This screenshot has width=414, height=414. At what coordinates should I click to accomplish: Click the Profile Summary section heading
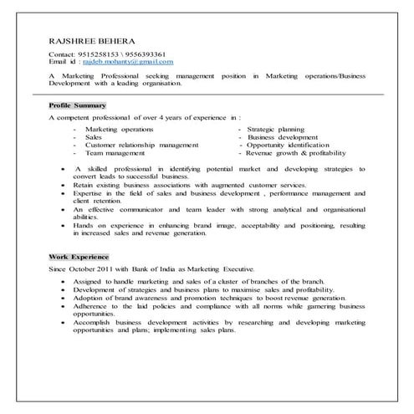(x=78, y=106)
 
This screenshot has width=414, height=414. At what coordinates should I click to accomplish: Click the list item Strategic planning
(x=276, y=130)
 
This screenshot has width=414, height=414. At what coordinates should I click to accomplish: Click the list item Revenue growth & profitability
(x=296, y=153)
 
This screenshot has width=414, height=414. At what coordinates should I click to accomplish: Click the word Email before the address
(x=59, y=62)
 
